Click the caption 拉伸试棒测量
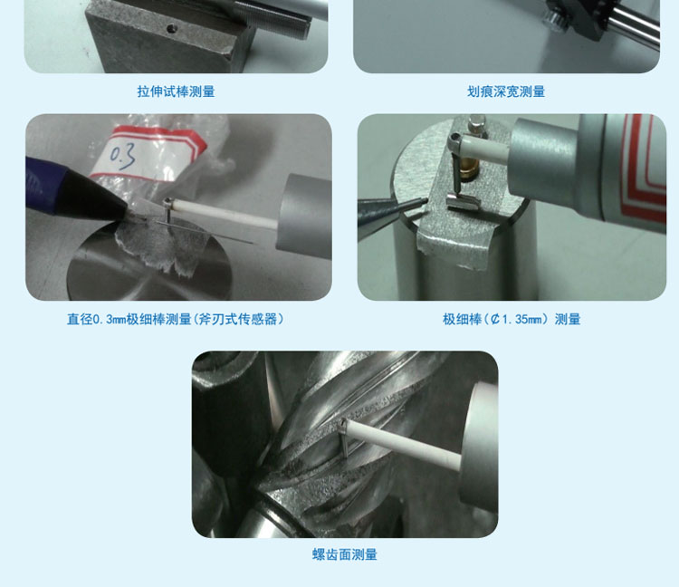click(x=176, y=91)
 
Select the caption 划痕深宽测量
click(x=506, y=91)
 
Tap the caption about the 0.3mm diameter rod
click(x=176, y=319)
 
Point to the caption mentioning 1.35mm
click(x=512, y=319)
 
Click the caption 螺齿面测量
click(x=345, y=554)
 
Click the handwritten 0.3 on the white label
click(x=122, y=156)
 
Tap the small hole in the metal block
click(x=172, y=29)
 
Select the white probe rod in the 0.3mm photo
click(x=225, y=214)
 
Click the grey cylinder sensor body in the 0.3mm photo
click(x=303, y=217)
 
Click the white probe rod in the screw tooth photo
click(x=404, y=446)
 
